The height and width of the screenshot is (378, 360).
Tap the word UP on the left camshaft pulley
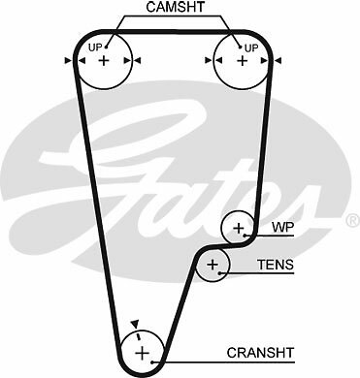click(x=94, y=47)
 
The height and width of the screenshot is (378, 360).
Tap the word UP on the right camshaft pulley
click(x=251, y=47)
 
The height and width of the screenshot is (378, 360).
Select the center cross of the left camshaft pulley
click(x=104, y=60)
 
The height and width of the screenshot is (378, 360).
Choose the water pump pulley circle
click(x=239, y=229)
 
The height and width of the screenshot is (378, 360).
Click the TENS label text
click(x=275, y=264)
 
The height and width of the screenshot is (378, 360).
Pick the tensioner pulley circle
click(x=213, y=264)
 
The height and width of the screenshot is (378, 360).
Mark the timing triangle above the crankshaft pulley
click(x=136, y=325)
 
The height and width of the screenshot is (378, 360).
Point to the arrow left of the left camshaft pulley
click(x=67, y=60)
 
